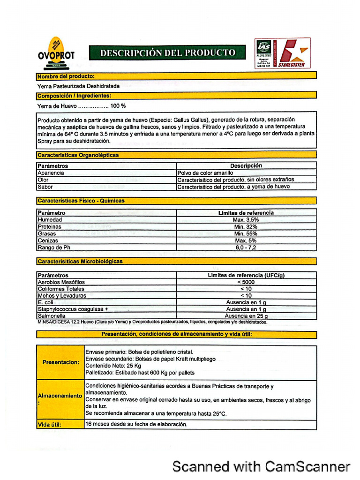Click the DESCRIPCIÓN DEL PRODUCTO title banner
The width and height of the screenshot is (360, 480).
pos(167,52)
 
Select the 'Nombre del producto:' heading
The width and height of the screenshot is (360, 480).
pos(66,76)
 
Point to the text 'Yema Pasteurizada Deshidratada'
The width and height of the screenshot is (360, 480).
pos(78,86)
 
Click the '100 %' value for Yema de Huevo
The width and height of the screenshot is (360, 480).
pos(118,106)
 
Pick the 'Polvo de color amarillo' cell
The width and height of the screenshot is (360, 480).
pos(205,173)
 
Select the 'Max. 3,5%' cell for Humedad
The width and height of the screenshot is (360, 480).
pos(246,220)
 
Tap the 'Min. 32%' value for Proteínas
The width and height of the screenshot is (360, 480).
pos(246,227)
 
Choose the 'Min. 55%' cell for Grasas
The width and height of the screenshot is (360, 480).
pos(246,233)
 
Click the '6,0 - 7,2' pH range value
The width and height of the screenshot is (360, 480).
pos(246,247)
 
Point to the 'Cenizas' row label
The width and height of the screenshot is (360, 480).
pos(48,240)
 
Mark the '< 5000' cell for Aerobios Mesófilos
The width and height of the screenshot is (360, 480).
pos(246,282)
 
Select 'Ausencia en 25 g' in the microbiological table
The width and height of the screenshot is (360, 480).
pos(246,316)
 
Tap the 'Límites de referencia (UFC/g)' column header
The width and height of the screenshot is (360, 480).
pos(246,275)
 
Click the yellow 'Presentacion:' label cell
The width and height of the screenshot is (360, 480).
pos(60,362)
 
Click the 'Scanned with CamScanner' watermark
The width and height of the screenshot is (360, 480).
pos(261,466)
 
